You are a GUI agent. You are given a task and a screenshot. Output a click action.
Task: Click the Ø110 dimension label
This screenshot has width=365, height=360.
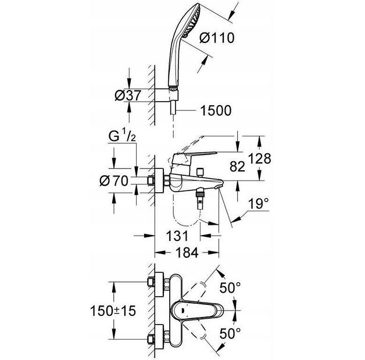click(x=217, y=39)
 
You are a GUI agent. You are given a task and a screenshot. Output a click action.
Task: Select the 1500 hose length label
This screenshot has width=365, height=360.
click(x=216, y=110)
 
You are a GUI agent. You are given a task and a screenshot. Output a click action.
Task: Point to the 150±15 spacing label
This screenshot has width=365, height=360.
click(x=114, y=311)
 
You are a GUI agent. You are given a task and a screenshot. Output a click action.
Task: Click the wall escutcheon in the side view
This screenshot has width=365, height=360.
click(x=159, y=181)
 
